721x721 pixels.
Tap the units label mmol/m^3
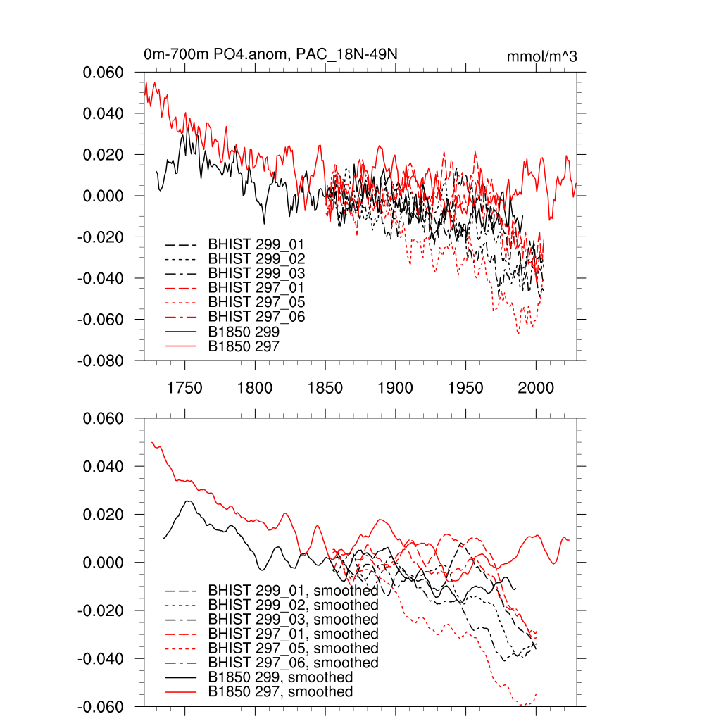coord(542,56)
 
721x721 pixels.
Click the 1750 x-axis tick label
coord(184,388)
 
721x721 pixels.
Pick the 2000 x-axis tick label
coord(537,388)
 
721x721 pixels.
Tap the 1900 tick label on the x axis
coord(396,388)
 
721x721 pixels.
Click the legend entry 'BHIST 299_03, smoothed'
coord(293,620)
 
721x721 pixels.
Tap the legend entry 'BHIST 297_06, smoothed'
coord(293,663)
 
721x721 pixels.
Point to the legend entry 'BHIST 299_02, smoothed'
coord(293,605)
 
